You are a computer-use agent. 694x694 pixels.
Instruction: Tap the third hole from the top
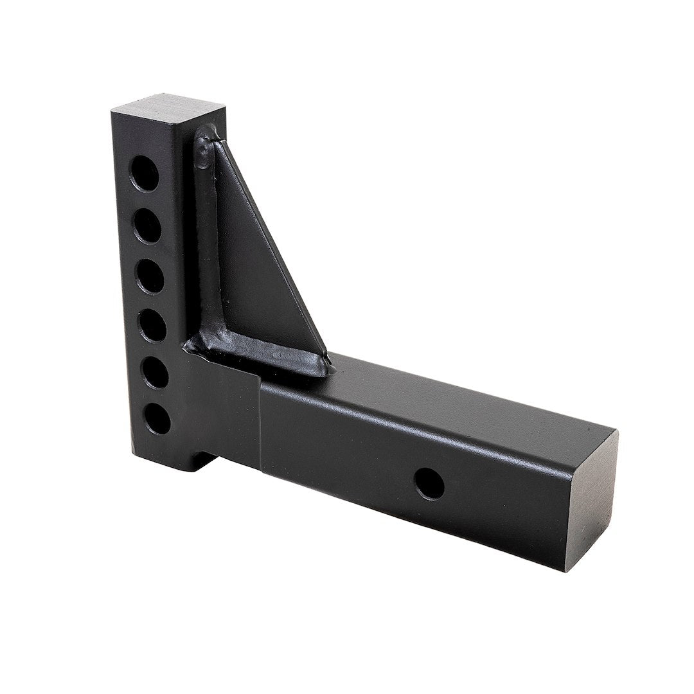click(x=150, y=276)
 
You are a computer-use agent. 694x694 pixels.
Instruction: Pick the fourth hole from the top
click(x=152, y=326)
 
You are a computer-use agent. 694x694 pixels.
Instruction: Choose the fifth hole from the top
click(x=155, y=373)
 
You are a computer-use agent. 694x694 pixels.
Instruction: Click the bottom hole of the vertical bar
click(x=157, y=420)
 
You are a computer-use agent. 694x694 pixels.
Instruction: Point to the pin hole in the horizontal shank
click(x=429, y=484)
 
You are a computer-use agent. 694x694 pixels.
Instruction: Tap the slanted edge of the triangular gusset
click(x=283, y=251)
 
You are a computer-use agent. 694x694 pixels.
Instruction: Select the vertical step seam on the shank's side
click(x=260, y=418)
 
